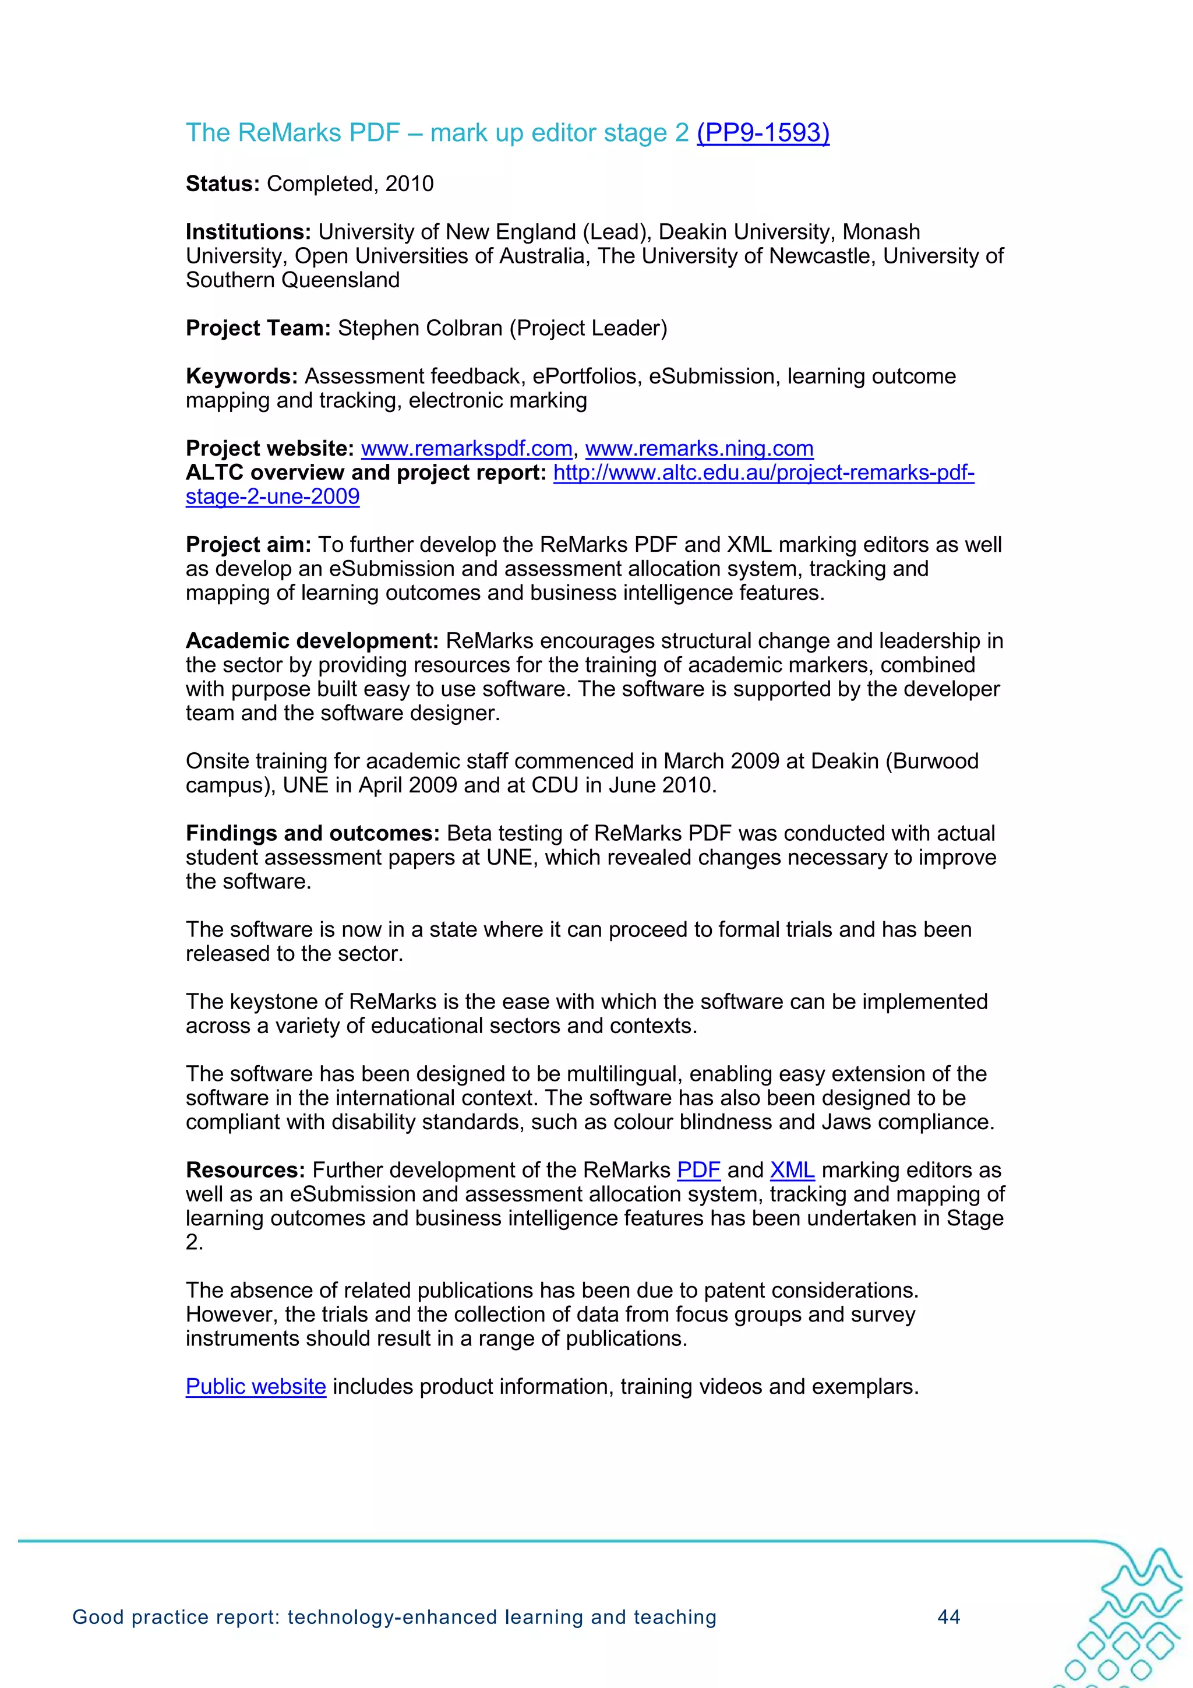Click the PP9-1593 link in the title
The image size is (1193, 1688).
(x=763, y=132)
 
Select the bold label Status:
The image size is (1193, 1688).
(x=223, y=184)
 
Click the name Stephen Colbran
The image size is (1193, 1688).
(x=420, y=328)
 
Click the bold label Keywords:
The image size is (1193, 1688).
(x=241, y=376)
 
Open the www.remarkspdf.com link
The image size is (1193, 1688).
(x=466, y=449)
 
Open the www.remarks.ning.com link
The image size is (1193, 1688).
(x=699, y=449)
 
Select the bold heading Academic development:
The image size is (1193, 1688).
(x=312, y=641)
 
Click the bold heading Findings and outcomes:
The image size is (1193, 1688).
(x=312, y=833)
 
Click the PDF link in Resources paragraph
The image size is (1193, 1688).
(x=698, y=1171)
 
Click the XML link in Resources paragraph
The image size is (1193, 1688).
(x=792, y=1171)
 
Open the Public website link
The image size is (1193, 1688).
(x=256, y=1387)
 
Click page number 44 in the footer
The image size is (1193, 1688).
(x=949, y=1617)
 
